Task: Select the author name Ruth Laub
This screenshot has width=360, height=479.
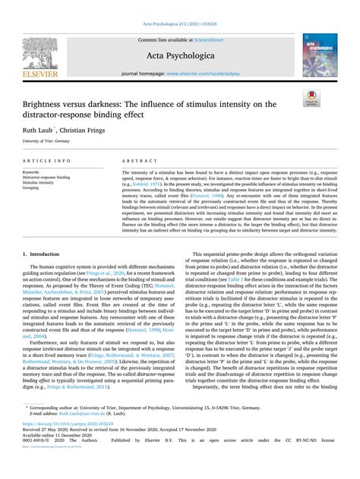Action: [x=39, y=130]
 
